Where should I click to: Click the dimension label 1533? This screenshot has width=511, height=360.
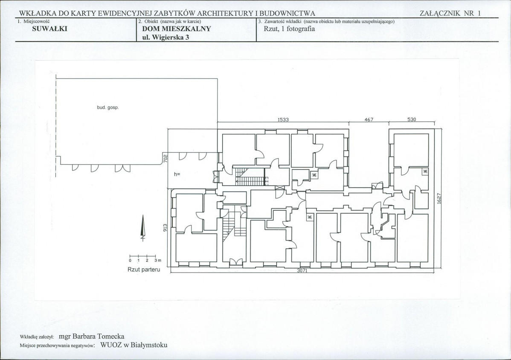283,119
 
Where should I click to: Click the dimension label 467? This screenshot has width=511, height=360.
369,119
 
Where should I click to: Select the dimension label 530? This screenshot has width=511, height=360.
412,119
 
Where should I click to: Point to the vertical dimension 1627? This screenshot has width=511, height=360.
438,199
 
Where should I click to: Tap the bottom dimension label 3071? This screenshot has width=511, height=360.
302,270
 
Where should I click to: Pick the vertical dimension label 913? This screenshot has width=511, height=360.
165,227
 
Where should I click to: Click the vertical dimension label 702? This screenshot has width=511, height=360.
165,158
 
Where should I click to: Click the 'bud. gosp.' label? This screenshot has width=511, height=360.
108,107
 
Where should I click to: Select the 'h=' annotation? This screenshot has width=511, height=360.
177,174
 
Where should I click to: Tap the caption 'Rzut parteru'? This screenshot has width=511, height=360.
144,270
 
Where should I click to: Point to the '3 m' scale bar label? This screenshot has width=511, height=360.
158,260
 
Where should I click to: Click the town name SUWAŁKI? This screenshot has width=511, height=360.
49,29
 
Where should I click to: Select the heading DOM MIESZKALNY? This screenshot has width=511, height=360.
177,29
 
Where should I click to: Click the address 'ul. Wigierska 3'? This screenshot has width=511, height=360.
165,37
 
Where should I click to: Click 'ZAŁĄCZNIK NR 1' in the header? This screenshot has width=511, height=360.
450,13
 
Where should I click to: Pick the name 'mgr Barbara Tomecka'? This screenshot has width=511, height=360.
92,337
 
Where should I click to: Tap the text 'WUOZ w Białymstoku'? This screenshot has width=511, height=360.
134,345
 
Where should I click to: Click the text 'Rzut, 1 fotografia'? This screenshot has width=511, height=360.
289,29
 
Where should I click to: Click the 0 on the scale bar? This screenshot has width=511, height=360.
130,261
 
